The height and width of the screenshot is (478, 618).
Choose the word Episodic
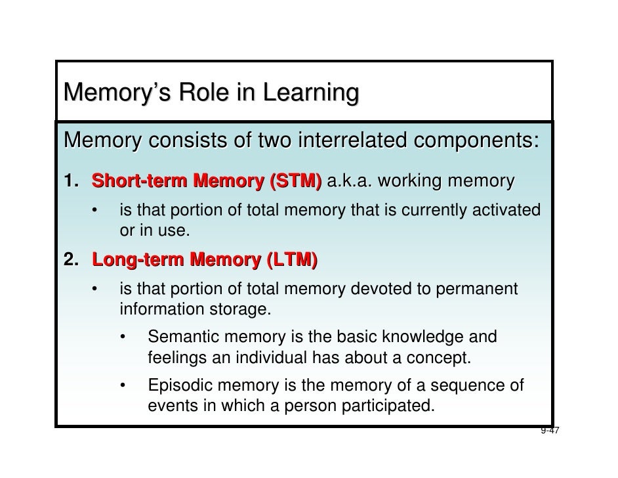(x=180, y=385)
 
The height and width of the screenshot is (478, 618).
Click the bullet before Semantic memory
(x=125, y=338)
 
